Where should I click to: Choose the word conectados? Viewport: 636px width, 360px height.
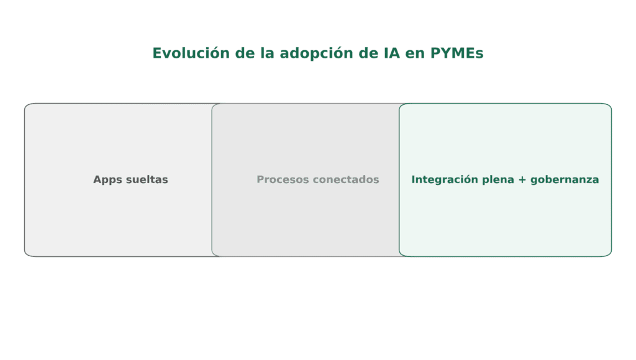[345, 179]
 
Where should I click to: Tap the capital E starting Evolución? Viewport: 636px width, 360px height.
[157, 53]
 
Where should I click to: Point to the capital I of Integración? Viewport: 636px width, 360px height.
[413, 179]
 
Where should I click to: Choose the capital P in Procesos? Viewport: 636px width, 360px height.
[260, 179]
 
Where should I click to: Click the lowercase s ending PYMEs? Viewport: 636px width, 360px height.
[479, 54]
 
